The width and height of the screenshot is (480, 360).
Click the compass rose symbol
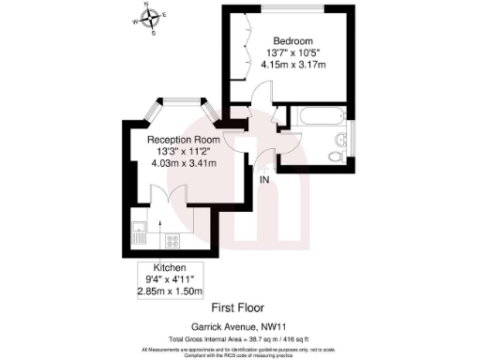(x=150, y=17)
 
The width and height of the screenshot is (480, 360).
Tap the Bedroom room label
(x=292, y=40)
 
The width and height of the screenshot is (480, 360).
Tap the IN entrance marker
(x=264, y=179)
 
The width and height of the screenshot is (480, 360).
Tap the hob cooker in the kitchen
(x=172, y=240)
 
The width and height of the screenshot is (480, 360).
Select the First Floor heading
(x=239, y=307)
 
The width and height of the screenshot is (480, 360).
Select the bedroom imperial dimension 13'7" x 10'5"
(x=293, y=52)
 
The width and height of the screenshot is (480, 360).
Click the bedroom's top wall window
(x=292, y=7)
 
